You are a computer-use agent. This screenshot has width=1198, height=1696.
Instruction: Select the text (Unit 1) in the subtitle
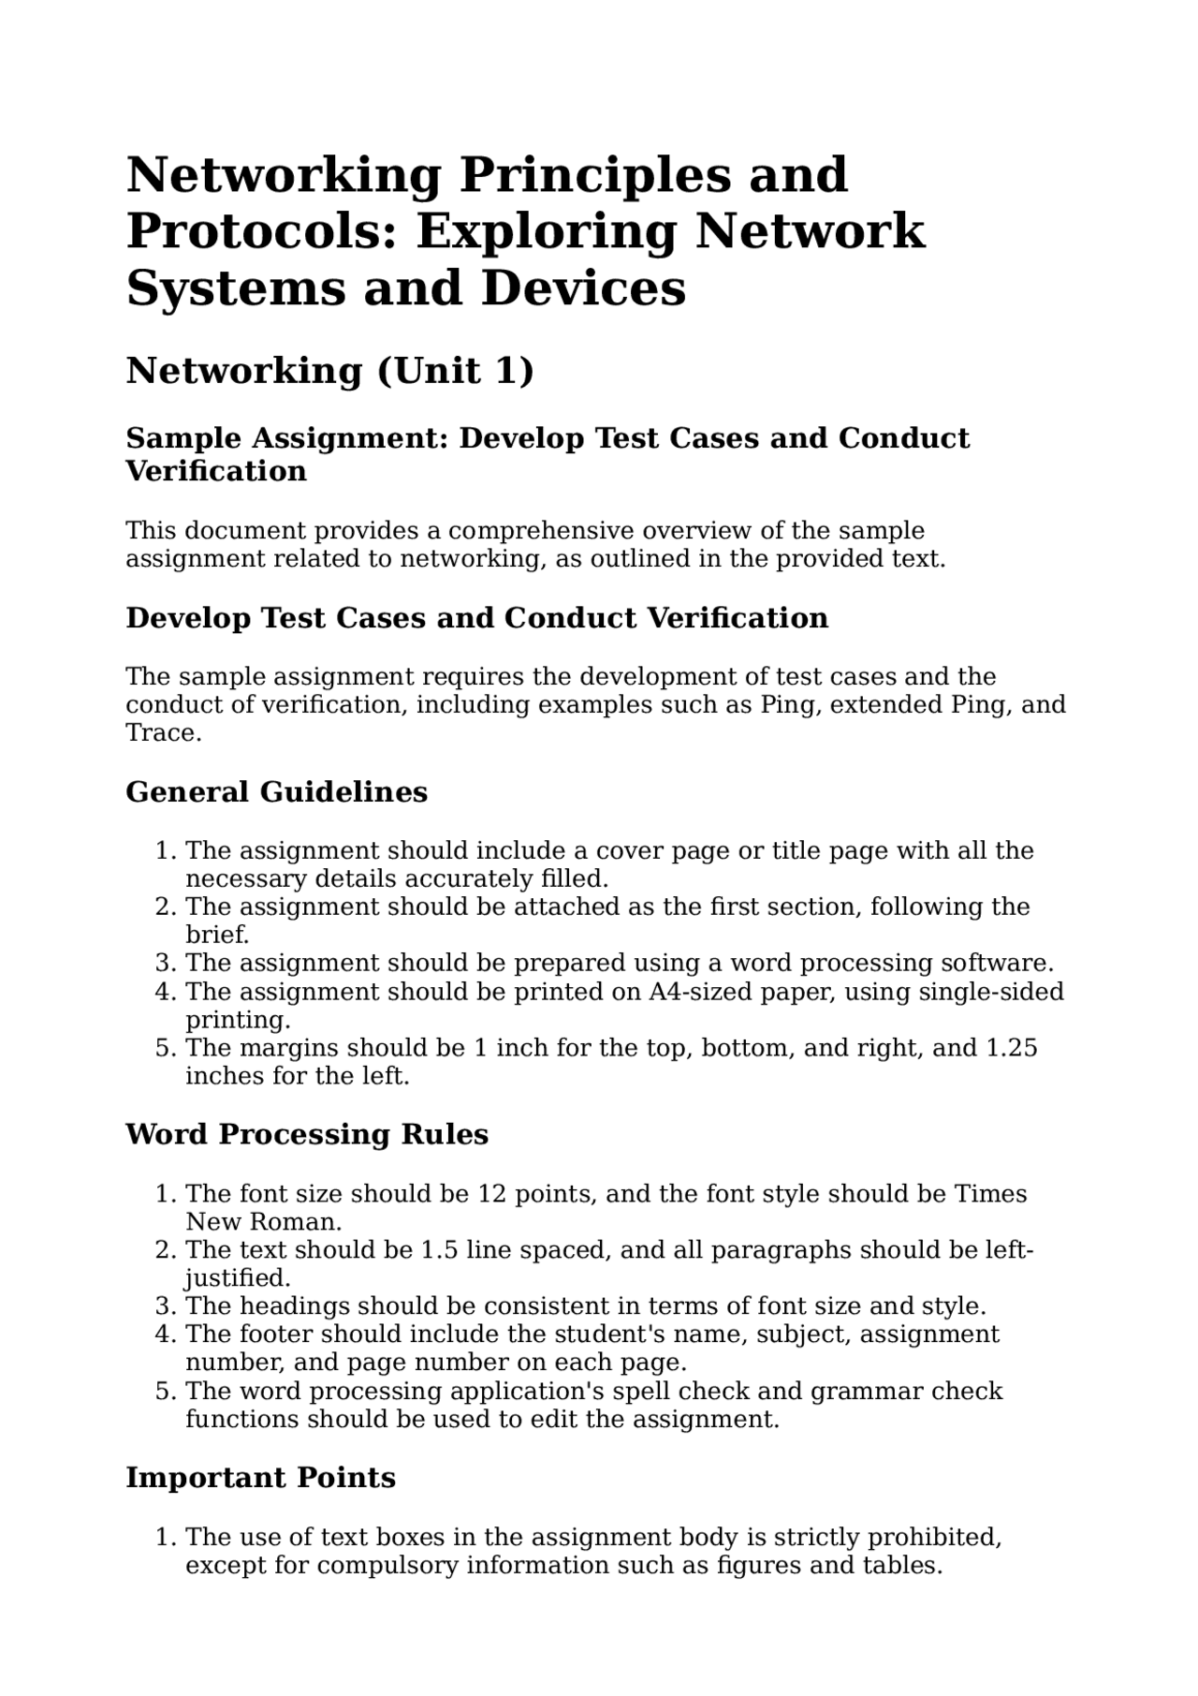coord(455,371)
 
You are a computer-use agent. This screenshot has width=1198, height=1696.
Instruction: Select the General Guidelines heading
coord(276,792)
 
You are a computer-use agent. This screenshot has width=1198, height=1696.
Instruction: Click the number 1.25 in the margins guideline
coord(1012,1047)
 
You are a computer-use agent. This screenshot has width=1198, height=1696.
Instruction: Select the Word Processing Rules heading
coord(307,1135)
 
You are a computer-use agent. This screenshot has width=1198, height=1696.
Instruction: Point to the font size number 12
coord(491,1194)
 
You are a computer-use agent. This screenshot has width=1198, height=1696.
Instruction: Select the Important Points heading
coord(260,1478)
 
